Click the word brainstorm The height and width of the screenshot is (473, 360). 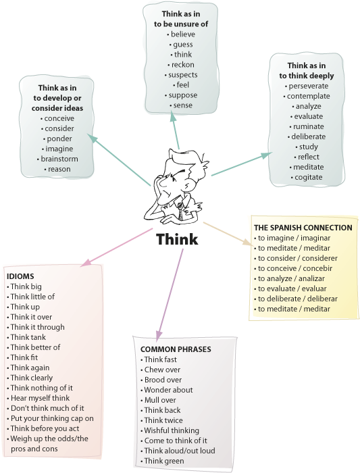59,159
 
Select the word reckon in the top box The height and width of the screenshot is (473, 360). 183,65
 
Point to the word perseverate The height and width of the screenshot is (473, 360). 309,86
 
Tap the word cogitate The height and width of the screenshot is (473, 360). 309,177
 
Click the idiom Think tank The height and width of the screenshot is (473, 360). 28,337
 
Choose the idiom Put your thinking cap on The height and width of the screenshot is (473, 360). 52,418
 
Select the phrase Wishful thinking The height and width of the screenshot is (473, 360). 172,430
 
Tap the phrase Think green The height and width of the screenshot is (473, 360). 164,461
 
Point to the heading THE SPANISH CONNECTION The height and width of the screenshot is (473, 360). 303,228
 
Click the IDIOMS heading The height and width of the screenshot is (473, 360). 20,276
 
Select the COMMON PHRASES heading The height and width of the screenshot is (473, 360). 176,349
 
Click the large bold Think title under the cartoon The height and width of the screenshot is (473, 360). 177,239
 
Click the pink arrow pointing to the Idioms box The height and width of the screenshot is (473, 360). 116,247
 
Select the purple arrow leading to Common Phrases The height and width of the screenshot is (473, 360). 170,295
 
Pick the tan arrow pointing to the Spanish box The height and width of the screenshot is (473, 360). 228,234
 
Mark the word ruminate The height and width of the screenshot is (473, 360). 309,126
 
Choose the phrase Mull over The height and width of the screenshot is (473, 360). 160,400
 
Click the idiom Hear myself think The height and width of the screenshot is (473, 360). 40,398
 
